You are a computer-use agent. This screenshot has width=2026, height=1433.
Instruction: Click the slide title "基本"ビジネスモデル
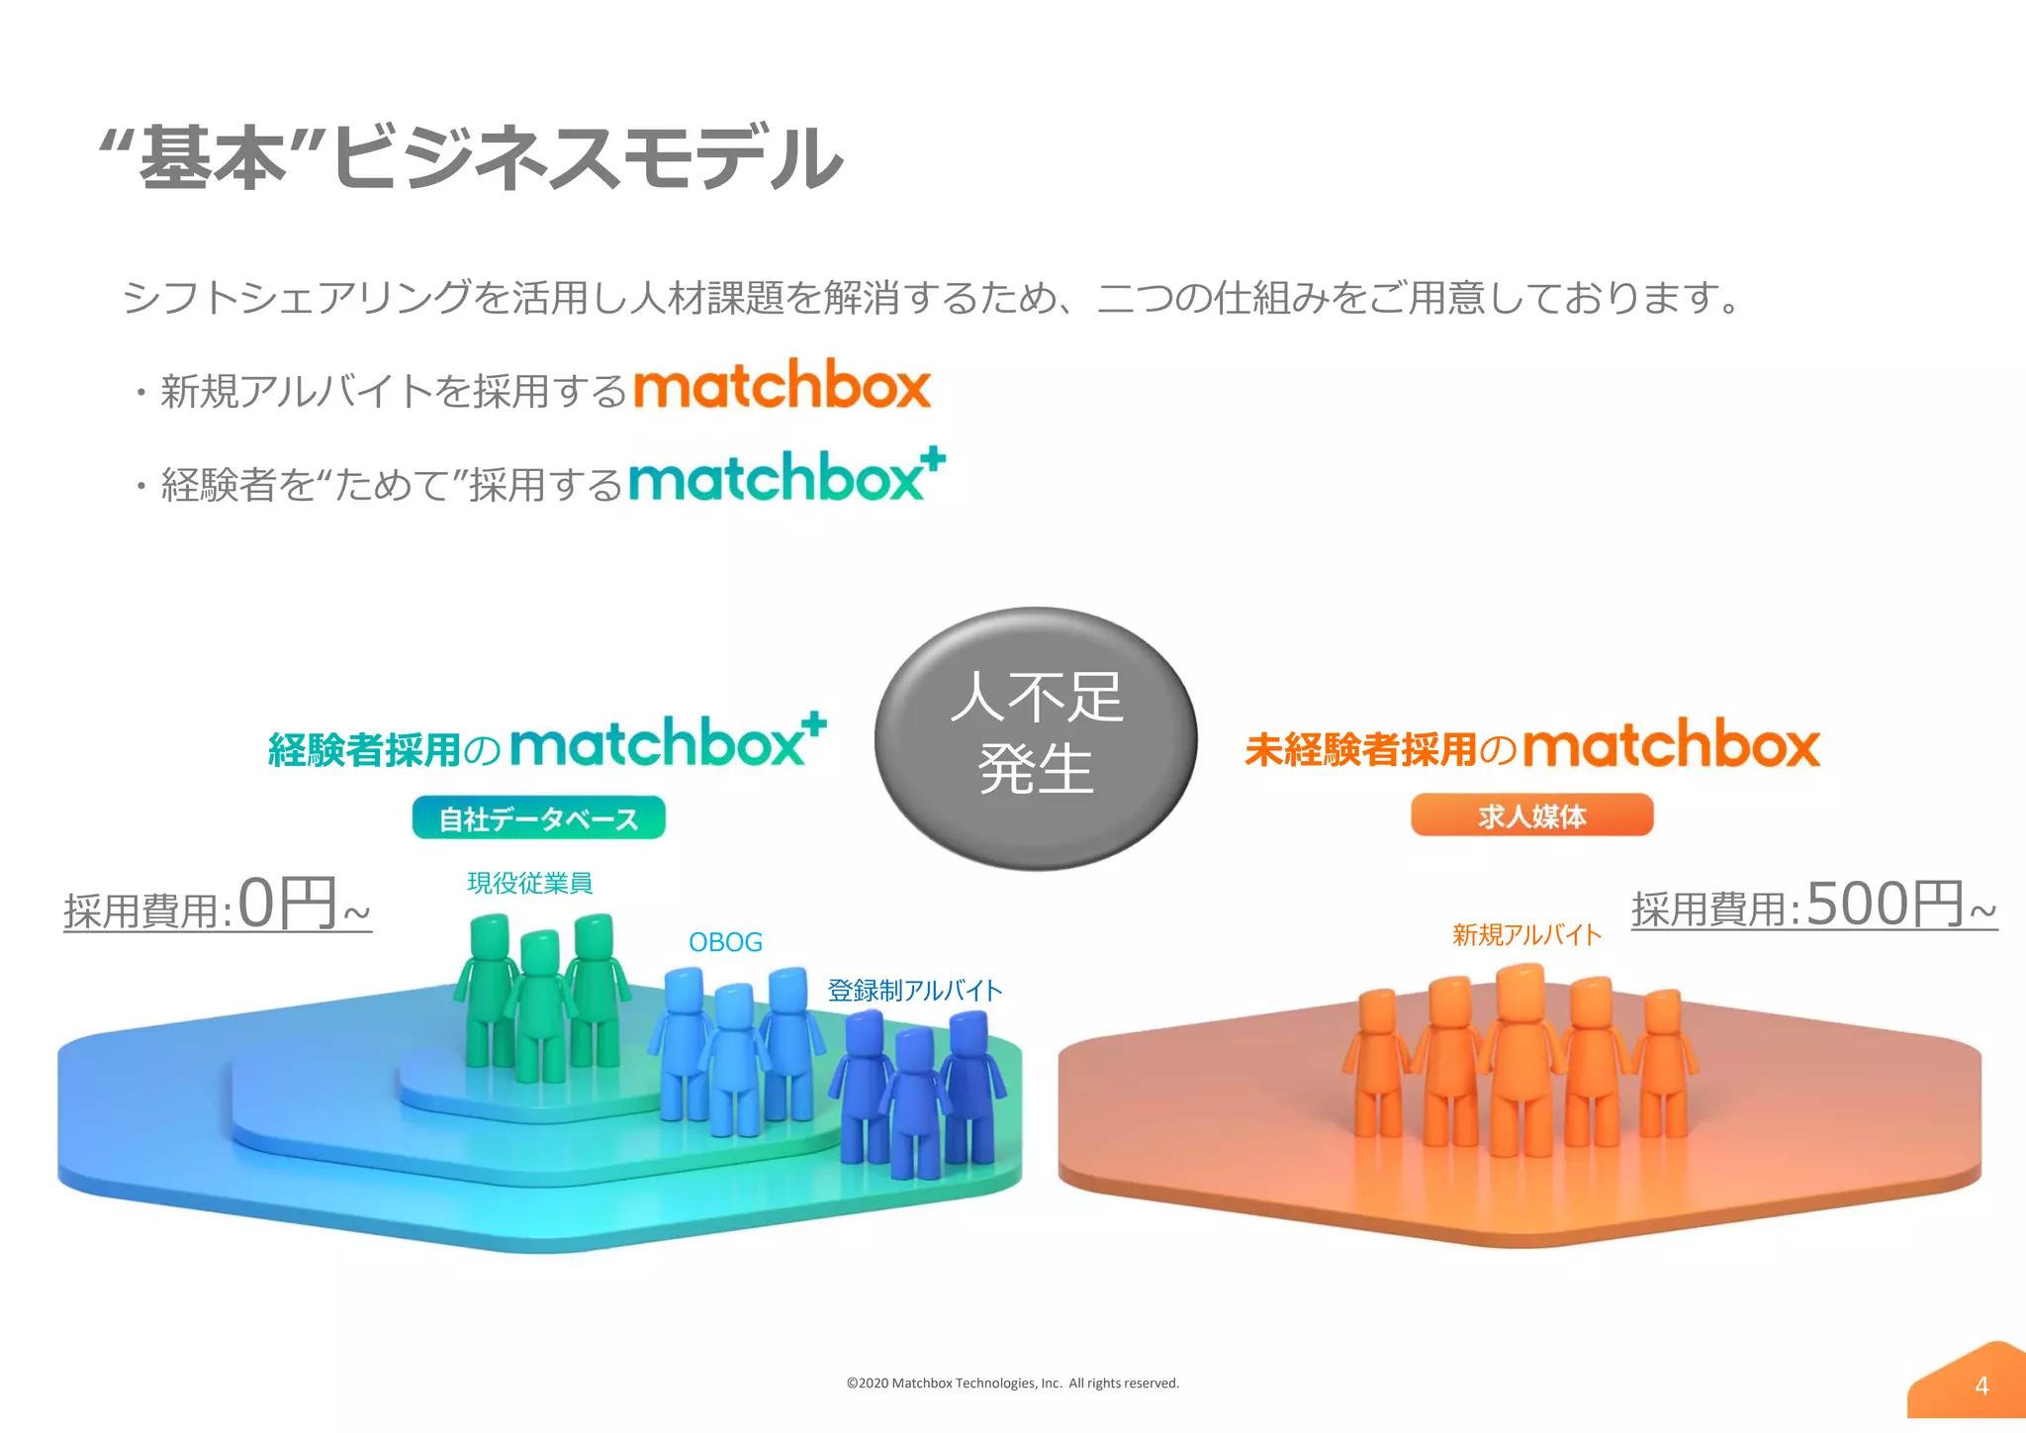472,156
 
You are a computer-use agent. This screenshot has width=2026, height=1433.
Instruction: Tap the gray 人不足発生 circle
1036,738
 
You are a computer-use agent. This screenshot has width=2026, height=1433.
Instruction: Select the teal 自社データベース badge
538,818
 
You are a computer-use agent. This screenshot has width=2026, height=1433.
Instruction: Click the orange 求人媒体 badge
1531,815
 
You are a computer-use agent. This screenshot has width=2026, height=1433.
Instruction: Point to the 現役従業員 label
529,883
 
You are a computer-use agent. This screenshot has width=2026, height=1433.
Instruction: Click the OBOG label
725,942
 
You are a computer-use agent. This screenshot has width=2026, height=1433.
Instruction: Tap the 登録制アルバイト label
914,991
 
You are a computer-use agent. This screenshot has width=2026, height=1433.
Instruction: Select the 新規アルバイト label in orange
1526,934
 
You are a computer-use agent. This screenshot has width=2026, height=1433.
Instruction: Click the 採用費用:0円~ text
218,906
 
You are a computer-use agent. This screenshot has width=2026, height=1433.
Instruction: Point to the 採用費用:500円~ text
1813,905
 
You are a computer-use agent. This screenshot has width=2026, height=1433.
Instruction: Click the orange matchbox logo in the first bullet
782,385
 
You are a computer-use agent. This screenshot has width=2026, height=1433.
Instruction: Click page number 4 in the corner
1980,1385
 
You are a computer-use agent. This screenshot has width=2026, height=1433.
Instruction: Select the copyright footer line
1012,1384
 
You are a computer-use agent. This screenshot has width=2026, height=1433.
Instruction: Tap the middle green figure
540,1004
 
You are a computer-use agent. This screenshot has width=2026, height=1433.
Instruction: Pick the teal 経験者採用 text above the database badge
364,750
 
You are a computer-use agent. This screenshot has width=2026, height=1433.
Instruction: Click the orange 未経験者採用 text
1361,749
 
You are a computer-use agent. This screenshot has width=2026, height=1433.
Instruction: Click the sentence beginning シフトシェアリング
930,297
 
